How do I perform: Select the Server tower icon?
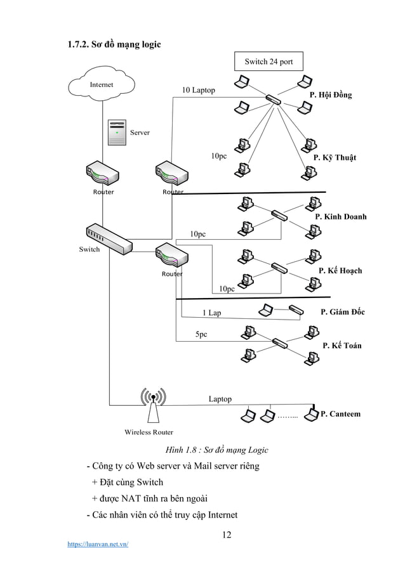tap(117, 133)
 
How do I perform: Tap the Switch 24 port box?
tap(269, 61)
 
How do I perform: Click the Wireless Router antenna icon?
tap(152, 406)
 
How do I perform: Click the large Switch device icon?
tap(109, 238)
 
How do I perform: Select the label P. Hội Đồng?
tap(330, 94)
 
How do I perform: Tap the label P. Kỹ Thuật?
tap(335, 157)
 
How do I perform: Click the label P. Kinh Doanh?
tap(341, 216)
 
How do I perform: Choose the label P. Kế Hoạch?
tap(340, 271)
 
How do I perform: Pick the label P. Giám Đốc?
tap(343, 312)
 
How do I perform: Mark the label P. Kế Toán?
tap(342, 346)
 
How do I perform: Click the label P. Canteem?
tap(340, 414)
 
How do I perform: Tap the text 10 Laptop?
tap(198, 90)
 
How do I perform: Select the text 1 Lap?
tap(211, 313)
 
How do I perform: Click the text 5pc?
tap(201, 334)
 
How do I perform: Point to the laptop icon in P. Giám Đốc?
tap(267, 310)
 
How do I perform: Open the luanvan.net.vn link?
tap(98, 543)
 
